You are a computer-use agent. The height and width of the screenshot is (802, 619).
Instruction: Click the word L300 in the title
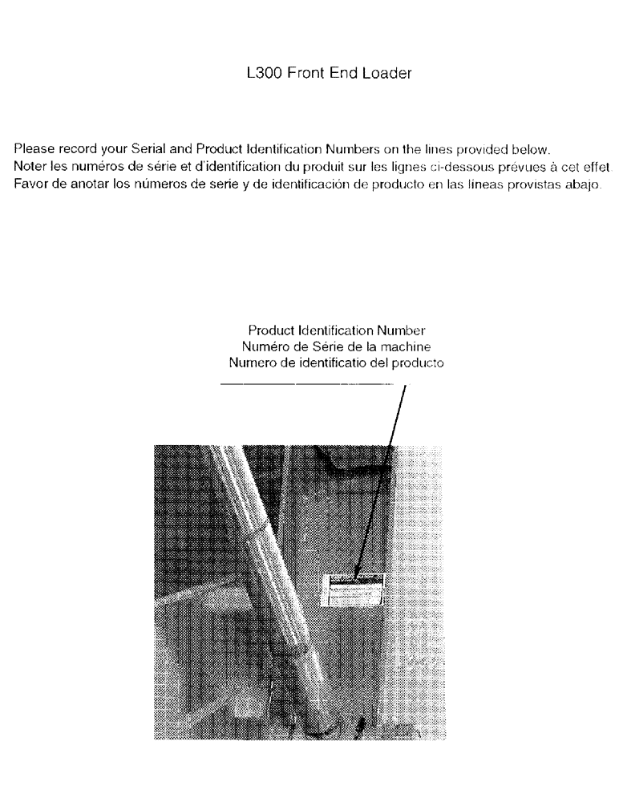(265, 74)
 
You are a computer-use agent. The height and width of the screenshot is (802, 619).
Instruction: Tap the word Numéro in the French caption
(261, 346)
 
